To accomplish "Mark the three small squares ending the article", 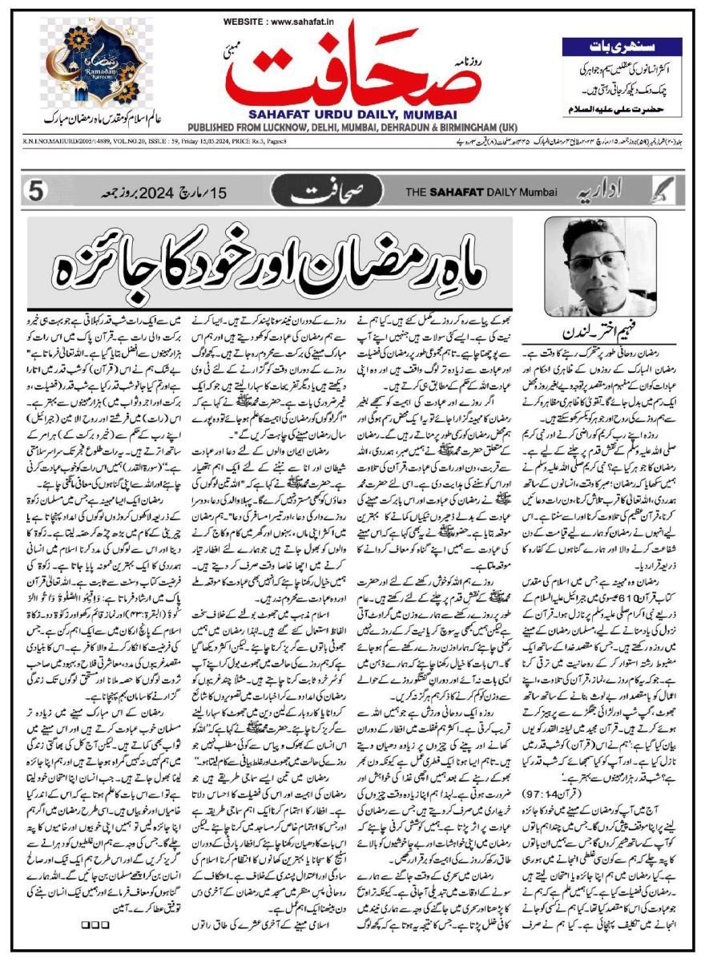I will click(93, 926).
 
